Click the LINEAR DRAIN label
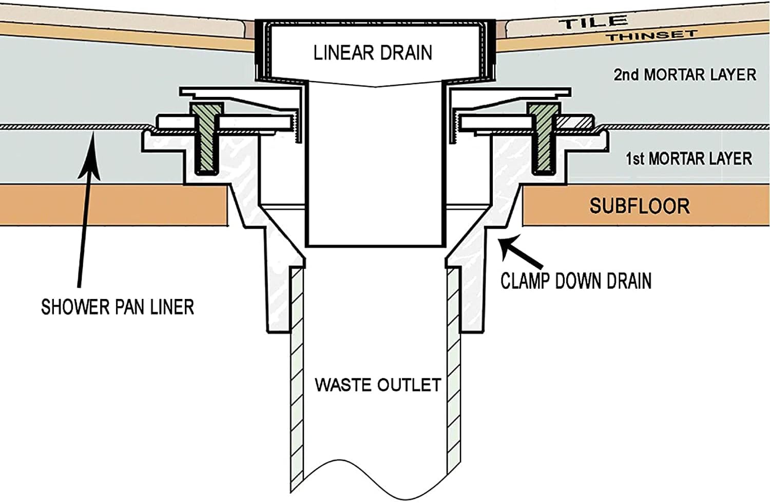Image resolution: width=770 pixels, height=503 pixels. [373, 53]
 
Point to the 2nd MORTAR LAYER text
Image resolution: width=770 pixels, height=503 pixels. [685, 75]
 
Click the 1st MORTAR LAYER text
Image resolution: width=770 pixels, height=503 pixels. [688, 158]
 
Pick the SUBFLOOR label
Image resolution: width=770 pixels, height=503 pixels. [639, 206]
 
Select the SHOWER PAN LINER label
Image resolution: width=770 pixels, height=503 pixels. [118, 307]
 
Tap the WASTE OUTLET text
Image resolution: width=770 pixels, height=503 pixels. [378, 385]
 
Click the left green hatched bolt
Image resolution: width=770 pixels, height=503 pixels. [206, 138]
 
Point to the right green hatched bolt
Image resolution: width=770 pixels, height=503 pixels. [542, 138]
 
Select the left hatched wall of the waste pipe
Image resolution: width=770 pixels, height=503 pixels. [297, 379]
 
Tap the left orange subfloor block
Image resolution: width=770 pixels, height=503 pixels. [113, 205]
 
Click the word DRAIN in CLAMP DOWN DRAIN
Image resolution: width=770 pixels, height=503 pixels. [629, 281]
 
